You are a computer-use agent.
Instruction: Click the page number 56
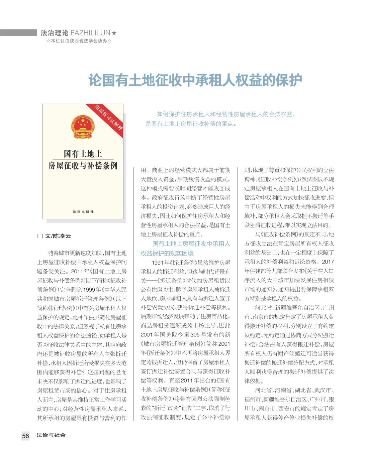(25, 436)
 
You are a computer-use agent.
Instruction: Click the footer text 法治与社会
(51, 435)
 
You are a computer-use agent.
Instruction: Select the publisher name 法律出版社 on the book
(83, 212)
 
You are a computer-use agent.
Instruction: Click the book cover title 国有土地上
(83, 154)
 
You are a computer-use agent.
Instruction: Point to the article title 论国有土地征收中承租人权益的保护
(195, 81)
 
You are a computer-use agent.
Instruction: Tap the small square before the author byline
(40, 236)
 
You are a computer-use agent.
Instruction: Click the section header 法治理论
(54, 33)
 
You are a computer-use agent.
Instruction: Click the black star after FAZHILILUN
(114, 33)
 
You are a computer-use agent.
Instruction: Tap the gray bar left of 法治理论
(18, 33)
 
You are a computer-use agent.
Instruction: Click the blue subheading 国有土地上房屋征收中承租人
(191, 244)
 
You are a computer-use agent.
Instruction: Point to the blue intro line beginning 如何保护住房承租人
(226, 114)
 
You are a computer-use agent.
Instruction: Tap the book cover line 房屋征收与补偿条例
(83, 166)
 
